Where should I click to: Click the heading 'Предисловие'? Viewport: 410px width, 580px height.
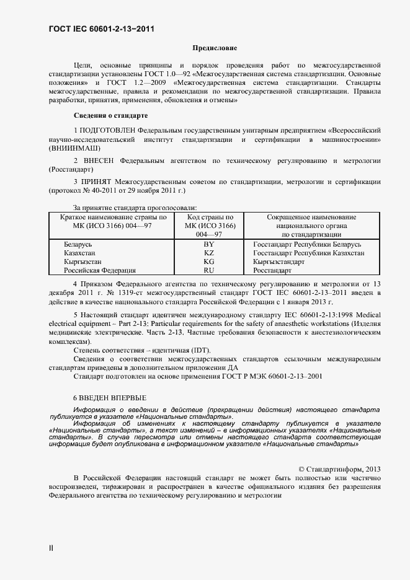coord(215,48)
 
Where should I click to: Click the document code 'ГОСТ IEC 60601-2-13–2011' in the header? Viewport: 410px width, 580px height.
coord(101,29)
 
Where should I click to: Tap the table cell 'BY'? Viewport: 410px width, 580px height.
coord(209,244)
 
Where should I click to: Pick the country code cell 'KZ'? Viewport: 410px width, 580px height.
coord(209,253)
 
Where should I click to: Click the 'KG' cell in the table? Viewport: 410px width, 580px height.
coord(209,261)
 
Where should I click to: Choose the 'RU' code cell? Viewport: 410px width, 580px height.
coord(209,270)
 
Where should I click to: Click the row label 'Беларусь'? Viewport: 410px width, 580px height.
coord(78,244)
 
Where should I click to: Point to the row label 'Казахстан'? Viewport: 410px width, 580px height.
coord(81,253)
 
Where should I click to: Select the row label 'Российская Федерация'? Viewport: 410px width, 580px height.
coord(100,270)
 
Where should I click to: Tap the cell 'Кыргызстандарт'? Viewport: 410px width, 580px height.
coord(279,261)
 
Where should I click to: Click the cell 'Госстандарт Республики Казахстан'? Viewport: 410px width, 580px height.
coord(308,253)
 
